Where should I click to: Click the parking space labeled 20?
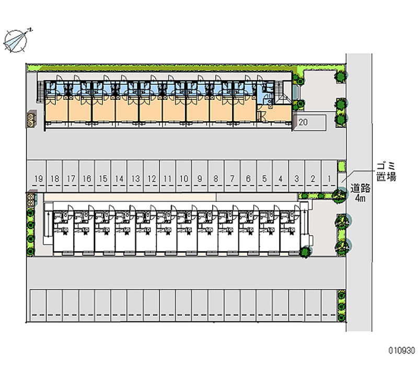point(309,122)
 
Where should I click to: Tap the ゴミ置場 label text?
point(386,171)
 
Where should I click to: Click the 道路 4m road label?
point(361,193)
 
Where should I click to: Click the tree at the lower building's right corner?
point(305,252)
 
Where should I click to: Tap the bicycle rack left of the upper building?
point(31,119)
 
